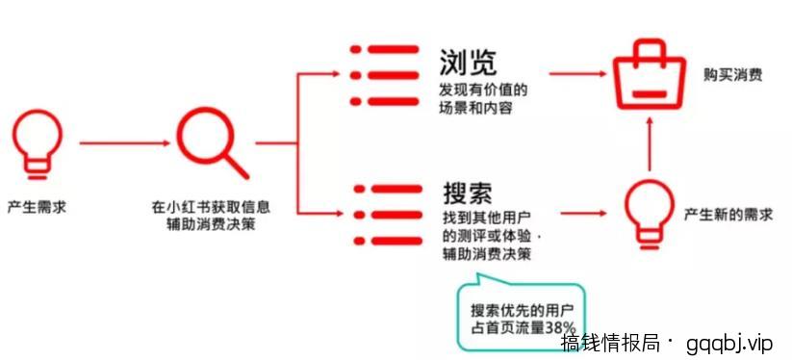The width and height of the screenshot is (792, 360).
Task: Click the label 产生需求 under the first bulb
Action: click(37, 207)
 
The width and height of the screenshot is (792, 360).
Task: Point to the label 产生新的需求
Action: click(728, 214)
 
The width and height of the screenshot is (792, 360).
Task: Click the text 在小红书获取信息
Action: click(211, 207)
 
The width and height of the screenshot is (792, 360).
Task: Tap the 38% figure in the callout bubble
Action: click(560, 328)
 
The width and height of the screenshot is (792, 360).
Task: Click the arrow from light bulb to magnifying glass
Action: click(120, 144)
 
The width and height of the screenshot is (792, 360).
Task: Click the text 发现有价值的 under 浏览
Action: click(483, 90)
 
